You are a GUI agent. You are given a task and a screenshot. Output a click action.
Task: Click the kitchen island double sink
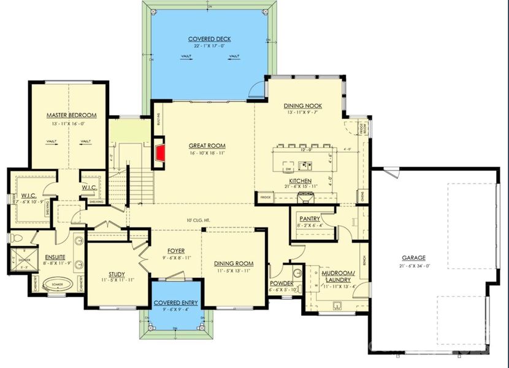(304, 165)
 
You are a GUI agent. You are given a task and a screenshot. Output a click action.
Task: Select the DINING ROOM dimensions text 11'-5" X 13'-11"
(234, 270)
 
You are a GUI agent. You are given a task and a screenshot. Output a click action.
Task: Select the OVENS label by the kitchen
(362, 197)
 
